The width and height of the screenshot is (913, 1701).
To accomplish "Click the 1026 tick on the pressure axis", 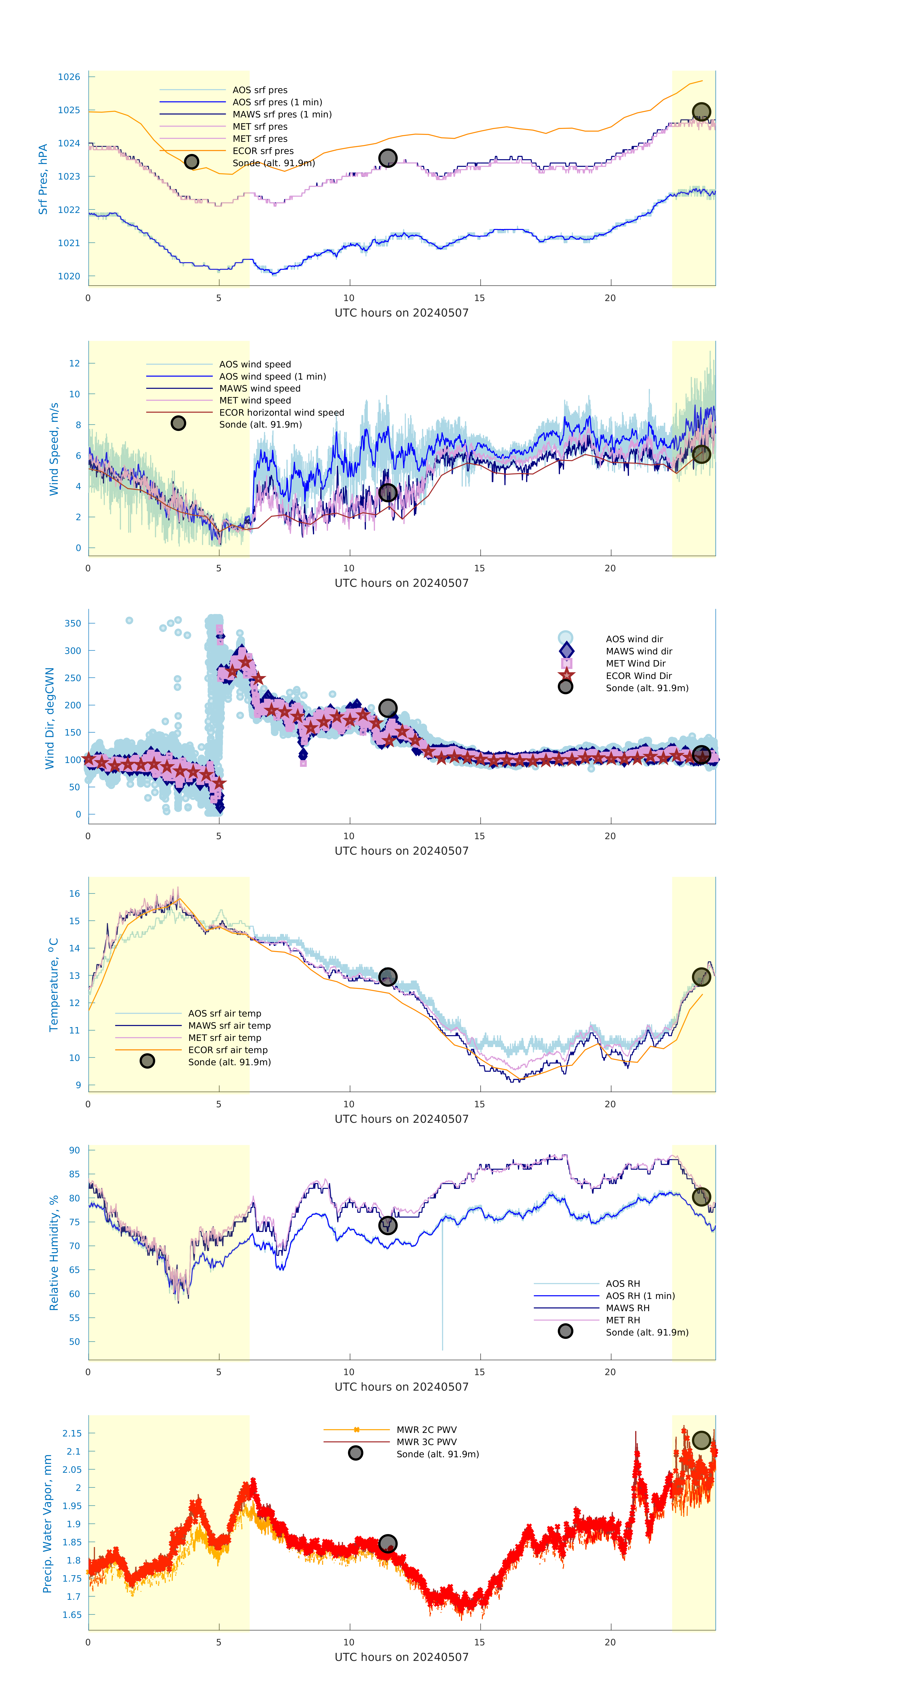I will pos(69,77).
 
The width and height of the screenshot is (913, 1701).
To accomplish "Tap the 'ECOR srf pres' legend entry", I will pos(263,151).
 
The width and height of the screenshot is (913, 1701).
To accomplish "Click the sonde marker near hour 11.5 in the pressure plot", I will pos(387,158).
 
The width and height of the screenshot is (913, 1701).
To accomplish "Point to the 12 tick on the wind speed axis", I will pos(75,363).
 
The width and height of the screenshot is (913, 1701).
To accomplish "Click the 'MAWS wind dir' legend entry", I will pos(638,651).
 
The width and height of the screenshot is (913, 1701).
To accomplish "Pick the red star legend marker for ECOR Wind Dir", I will pos(566,675).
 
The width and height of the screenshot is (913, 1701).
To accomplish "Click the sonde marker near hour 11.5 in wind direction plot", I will pos(387,708).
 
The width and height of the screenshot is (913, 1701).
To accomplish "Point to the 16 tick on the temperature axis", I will pos(75,893).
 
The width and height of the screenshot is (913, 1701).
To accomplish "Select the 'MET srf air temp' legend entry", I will pos(224,1037).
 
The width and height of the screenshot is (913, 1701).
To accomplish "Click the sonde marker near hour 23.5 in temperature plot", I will pos(701,977).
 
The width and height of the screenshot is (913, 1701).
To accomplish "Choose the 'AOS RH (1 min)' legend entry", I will pos(640,1296).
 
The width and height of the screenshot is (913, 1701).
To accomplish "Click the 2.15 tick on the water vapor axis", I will pos(72,1433).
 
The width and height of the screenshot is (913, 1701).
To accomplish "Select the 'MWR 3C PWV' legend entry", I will pos(427,1441).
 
